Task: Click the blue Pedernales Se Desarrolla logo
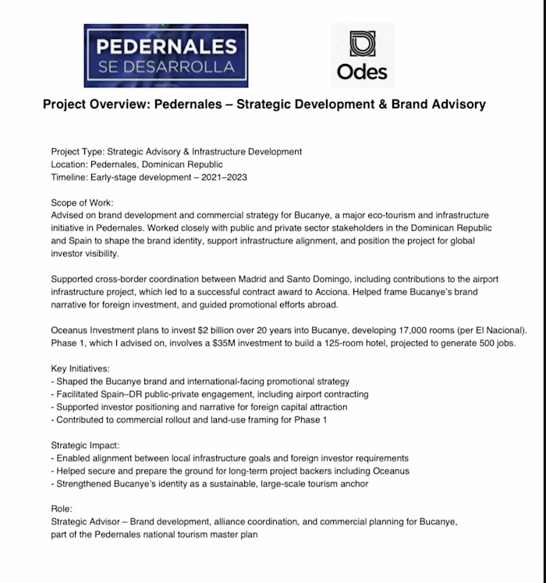point(166,55)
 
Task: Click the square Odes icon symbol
point(362,44)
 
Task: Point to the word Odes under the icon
point(362,73)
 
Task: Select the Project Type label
point(76,151)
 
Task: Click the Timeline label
point(69,178)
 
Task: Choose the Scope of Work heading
point(82,202)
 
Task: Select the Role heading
point(62,508)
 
